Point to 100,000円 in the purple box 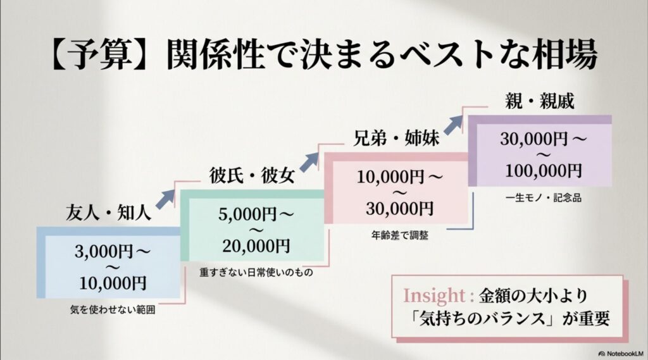point(544,170)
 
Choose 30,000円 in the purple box point(533,139)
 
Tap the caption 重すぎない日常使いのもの point(257,273)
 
